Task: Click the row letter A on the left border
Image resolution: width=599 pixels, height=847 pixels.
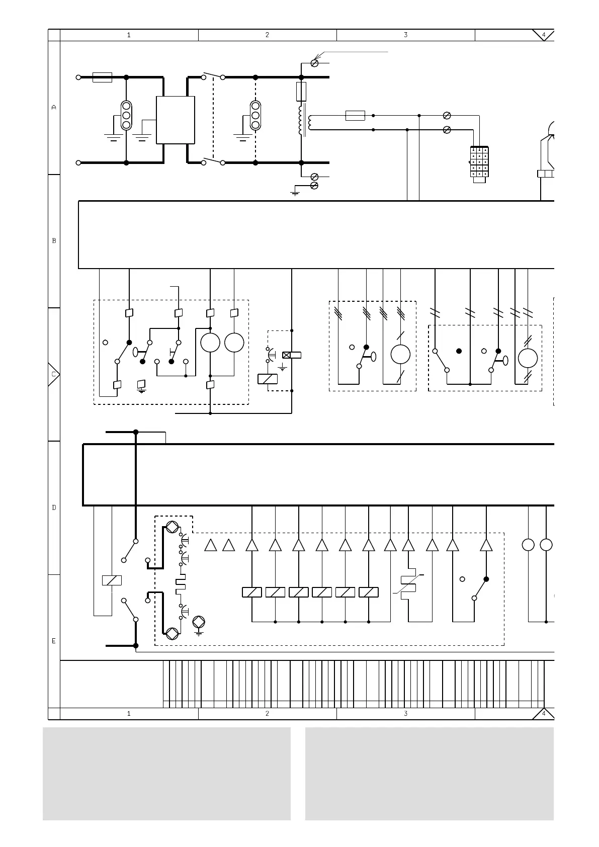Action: point(54,107)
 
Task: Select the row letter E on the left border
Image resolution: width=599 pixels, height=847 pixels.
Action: point(54,641)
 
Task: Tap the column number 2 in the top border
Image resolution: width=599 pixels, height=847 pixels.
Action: point(267,35)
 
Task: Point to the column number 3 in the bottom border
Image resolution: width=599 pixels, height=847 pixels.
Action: point(405,713)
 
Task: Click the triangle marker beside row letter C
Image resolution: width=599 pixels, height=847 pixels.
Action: point(54,374)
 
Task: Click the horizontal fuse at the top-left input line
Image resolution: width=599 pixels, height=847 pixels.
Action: point(103,77)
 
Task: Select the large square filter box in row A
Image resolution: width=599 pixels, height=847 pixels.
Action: point(175,120)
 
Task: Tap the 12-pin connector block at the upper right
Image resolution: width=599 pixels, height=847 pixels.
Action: point(479,162)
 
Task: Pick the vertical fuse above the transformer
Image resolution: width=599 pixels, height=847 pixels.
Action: point(301,92)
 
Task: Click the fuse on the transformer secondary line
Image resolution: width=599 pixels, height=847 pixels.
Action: point(355,116)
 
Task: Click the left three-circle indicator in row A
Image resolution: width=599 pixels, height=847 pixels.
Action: point(126,115)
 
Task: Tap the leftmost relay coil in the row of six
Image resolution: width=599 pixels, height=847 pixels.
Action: point(251,592)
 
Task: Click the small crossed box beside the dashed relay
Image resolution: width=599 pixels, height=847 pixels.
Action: point(287,355)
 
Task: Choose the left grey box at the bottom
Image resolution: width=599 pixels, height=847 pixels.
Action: point(166,774)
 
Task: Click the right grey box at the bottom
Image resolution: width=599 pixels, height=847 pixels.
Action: point(429,774)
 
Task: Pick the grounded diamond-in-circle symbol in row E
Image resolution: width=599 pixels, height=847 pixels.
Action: point(199,621)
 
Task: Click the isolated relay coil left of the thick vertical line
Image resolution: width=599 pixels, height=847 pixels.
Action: point(112,580)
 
